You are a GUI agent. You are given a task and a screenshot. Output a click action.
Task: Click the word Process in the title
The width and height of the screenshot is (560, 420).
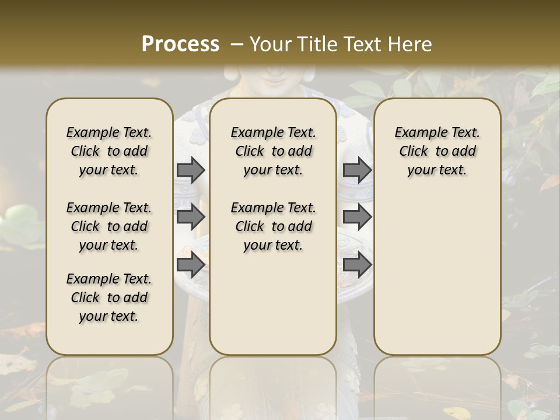pos(180,44)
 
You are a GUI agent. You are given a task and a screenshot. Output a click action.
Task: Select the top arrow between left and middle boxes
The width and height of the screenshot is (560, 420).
pos(191,170)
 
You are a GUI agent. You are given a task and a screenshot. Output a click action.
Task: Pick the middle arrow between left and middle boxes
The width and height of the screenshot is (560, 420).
pos(191,217)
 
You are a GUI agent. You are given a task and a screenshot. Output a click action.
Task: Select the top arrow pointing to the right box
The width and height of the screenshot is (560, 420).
pos(357,170)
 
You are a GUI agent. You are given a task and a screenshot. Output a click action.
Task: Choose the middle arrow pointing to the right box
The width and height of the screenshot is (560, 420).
pos(357,217)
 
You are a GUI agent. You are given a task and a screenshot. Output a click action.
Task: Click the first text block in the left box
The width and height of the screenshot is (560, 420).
pos(109,151)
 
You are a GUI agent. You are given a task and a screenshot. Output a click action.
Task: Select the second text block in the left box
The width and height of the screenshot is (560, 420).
pos(109,226)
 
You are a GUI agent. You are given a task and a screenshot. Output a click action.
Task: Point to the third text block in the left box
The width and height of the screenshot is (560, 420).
pos(109,297)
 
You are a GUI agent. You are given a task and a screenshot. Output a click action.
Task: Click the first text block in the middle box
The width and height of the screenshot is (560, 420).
pos(273,151)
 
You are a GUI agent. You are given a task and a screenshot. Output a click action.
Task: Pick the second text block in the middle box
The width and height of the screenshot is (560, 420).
pos(273,226)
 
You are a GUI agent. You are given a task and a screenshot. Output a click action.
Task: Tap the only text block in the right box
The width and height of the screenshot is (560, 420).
pos(437,151)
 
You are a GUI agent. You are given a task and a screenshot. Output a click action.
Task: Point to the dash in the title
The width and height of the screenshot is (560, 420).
pos(236,44)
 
